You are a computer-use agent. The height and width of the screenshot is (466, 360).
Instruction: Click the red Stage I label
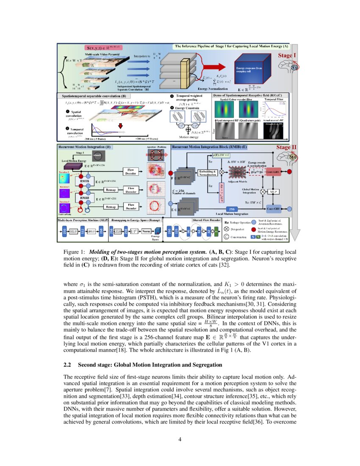[x=287, y=55]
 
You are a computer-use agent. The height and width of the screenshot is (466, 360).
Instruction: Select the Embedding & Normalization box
[x=208, y=172]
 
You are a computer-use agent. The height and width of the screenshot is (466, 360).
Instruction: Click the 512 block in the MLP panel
[x=82, y=232]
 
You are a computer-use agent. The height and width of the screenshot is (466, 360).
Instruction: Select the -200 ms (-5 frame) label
[x=95, y=139]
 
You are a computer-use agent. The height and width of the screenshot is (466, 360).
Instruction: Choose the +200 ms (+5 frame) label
[x=147, y=139]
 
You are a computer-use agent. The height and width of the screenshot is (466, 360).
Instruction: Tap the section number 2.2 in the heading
[x=68, y=365]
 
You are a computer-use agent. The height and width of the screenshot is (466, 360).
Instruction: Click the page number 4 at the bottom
[x=180, y=439]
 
